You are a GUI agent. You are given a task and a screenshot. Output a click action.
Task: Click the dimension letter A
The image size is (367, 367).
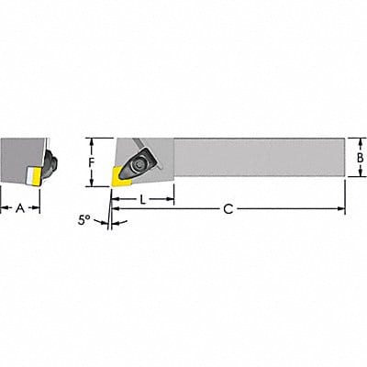[x=20, y=207]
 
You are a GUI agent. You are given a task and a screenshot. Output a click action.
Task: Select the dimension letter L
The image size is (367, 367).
[x=144, y=199]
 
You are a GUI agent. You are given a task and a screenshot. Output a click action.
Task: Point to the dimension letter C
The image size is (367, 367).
[x=228, y=209]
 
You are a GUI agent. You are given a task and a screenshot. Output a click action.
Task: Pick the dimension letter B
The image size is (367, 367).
[x=361, y=158]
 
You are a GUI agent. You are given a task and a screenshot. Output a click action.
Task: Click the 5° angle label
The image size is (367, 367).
[x=85, y=220]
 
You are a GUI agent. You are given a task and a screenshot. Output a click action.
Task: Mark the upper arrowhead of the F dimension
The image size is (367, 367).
[x=92, y=140]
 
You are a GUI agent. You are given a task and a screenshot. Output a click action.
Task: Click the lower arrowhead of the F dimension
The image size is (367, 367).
[x=92, y=181]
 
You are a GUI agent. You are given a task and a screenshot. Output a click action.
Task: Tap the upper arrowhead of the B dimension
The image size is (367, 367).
[x=349, y=140]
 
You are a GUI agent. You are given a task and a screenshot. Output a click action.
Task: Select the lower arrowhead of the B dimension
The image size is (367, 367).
[x=349, y=176]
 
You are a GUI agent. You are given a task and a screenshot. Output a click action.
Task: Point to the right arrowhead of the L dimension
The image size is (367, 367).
[x=172, y=199]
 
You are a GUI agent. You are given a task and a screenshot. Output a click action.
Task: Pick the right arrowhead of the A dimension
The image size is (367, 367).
[x=38, y=207]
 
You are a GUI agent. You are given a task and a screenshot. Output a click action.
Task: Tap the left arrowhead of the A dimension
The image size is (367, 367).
[x=3, y=207]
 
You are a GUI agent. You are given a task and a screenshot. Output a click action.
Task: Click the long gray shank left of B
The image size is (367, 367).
[x=257, y=158]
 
